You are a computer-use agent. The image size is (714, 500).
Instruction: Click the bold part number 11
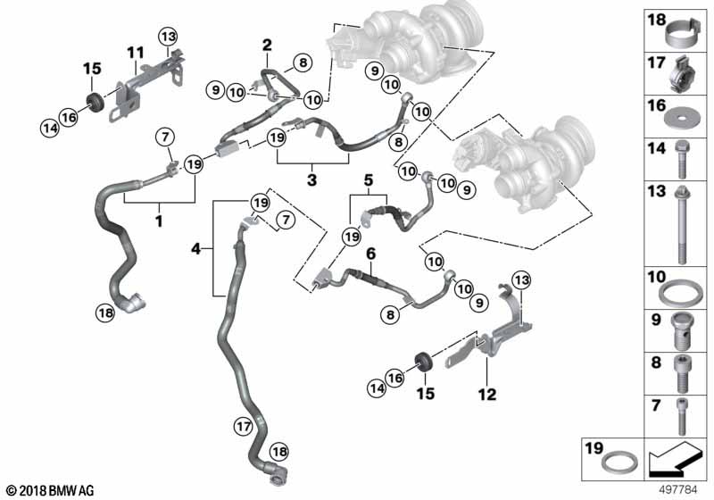point(136,53)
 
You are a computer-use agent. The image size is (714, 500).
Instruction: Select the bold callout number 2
point(267,45)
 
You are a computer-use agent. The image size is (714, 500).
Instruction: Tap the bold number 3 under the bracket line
point(311,179)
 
